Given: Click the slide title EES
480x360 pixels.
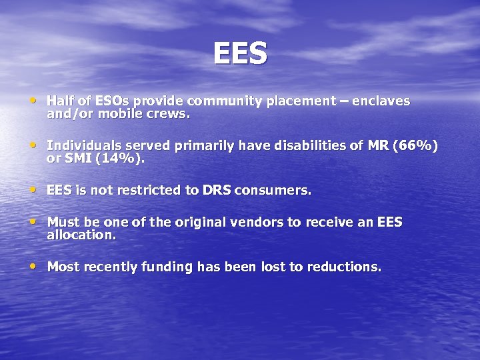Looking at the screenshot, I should pos(240,53).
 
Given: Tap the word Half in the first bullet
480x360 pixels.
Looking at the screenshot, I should pos(61,101).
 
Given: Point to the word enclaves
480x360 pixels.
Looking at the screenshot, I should pos(381,101).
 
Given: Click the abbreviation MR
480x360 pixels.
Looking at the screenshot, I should pos(377,146).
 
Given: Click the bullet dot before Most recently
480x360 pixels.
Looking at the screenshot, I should pos(33,266).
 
